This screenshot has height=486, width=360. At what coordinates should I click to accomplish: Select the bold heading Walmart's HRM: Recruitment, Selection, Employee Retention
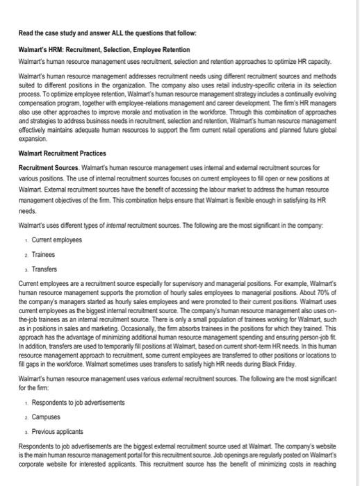(108, 49)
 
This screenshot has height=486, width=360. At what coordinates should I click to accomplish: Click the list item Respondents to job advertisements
(79, 403)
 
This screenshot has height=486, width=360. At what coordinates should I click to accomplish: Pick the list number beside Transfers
(26, 269)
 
